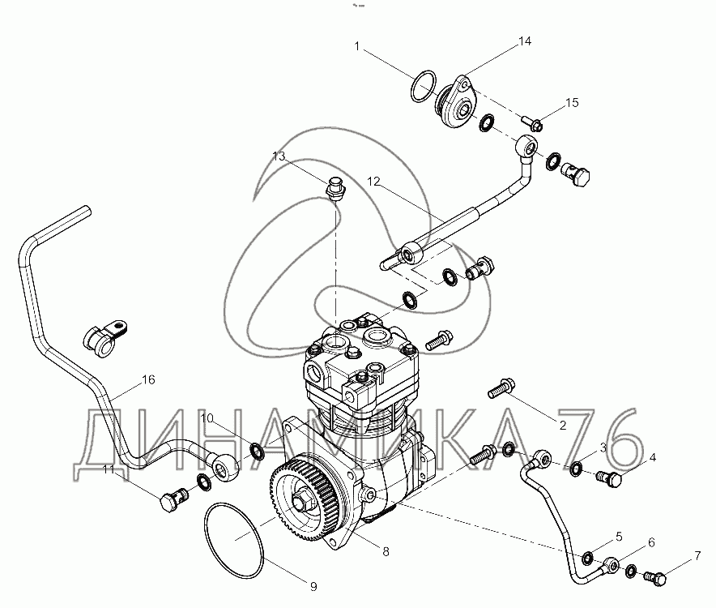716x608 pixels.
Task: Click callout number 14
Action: pyautogui.click(x=525, y=41)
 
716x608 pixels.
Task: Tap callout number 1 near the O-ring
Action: pyautogui.click(x=357, y=46)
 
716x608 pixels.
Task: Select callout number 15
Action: pyautogui.click(x=572, y=103)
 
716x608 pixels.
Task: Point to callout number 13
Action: pyautogui.click(x=279, y=156)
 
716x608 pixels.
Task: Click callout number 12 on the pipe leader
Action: pyautogui.click(x=373, y=182)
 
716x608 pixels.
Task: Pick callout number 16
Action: pyautogui.click(x=148, y=379)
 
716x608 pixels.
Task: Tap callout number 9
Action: pyautogui.click(x=313, y=586)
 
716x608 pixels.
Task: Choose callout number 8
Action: pyautogui.click(x=386, y=552)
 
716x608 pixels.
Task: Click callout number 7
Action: pyautogui.click(x=697, y=556)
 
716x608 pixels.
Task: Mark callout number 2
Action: pyautogui.click(x=563, y=425)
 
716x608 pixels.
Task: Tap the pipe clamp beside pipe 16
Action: pyautogui.click(x=104, y=338)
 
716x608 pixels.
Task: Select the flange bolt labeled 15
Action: pyautogui.click(x=532, y=122)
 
